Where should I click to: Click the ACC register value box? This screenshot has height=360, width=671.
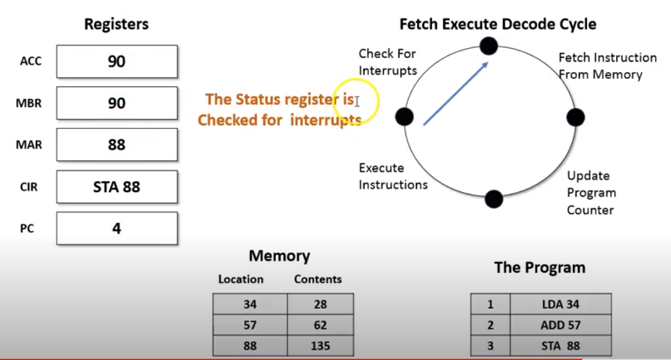[117, 61]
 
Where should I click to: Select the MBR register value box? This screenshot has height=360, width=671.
[117, 103]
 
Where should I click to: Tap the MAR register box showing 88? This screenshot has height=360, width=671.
[117, 145]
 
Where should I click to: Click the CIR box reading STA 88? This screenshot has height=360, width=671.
[117, 187]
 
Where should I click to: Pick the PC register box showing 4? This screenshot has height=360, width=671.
[117, 228]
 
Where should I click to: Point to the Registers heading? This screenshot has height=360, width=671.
[116, 24]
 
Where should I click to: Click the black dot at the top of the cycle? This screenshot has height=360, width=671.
[488, 45]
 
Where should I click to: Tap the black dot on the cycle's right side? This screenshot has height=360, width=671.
[576, 117]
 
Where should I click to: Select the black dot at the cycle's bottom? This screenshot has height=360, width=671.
[494, 199]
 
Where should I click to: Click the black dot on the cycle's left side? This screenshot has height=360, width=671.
[404, 117]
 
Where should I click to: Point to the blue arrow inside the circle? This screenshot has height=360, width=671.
[456, 93]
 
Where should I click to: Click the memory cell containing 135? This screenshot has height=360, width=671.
[320, 345]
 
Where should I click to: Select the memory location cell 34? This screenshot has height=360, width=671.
[250, 304]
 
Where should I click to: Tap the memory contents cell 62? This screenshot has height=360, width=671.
[320, 325]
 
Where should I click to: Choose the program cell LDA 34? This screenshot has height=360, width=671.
[560, 304]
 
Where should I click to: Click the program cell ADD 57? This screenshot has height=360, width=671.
[560, 325]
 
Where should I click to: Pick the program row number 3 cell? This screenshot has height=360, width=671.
[490, 345]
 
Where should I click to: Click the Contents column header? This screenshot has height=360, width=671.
[318, 279]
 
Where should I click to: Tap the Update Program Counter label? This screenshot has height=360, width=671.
[591, 193]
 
